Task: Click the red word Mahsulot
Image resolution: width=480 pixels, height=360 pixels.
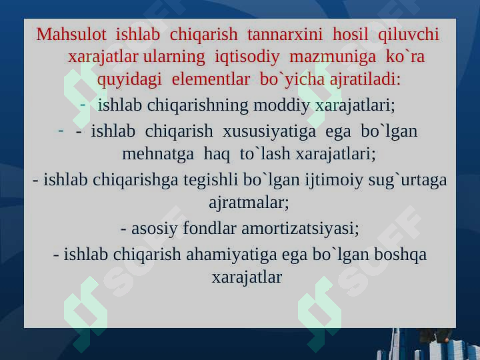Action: (71, 34)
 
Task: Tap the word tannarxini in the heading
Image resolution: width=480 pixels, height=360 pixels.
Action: (285, 34)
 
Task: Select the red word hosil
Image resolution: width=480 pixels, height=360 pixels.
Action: (350, 34)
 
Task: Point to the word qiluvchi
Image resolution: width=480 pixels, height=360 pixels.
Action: (409, 34)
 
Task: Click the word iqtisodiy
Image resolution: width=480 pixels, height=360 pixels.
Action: (247, 57)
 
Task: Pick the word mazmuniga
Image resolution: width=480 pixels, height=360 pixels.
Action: (333, 57)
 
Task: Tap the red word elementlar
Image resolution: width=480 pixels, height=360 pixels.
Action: (211, 79)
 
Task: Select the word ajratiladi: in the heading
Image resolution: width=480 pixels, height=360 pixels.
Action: (365, 79)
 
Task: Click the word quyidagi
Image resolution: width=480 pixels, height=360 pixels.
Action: (129, 79)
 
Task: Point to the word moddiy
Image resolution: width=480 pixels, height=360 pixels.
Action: (281, 105)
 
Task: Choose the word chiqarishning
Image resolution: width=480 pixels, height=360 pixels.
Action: (197, 105)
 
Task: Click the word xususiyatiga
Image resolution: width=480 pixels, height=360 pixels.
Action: (269, 131)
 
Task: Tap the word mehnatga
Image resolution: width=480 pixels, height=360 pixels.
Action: (158, 154)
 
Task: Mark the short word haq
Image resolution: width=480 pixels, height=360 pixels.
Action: (217, 154)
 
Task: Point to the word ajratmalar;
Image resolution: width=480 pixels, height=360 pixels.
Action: (249, 203)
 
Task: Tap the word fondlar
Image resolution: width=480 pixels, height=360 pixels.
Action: (209, 229)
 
